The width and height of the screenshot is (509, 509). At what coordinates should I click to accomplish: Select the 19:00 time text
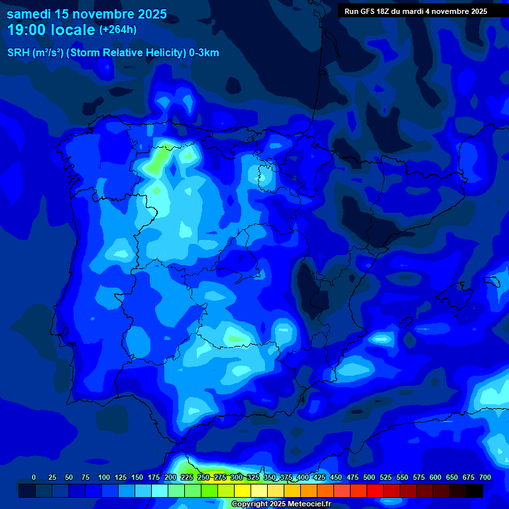(x=27, y=30)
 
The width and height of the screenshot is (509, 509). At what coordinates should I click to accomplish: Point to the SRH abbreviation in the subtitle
(x=18, y=53)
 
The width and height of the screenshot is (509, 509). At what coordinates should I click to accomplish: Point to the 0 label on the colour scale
(x=34, y=477)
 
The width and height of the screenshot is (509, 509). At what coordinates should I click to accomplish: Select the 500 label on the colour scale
(x=369, y=477)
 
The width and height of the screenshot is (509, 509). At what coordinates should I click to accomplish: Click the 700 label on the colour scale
(x=485, y=477)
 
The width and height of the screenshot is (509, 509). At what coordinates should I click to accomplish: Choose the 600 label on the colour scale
(x=435, y=477)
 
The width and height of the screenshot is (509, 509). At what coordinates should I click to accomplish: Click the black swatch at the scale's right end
(x=475, y=490)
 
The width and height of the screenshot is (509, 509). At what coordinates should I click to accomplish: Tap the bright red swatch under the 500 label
(x=375, y=490)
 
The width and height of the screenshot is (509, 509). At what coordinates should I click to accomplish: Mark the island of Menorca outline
(x=492, y=282)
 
